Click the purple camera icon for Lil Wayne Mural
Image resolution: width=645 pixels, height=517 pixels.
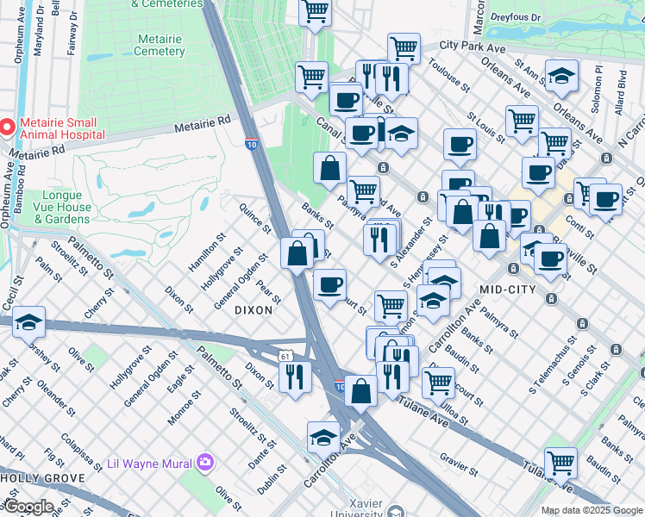point(204,463)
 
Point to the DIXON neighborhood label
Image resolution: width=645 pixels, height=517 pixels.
point(254,310)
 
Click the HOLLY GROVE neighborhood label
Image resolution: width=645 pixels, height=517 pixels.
point(42,477)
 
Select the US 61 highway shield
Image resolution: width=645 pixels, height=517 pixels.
point(285,356)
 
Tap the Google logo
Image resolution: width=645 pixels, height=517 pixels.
point(28,507)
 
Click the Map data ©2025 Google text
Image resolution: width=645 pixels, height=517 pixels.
point(592,511)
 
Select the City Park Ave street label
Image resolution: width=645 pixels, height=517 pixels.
point(472,45)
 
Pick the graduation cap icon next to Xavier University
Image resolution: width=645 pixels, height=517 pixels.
point(323,438)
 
